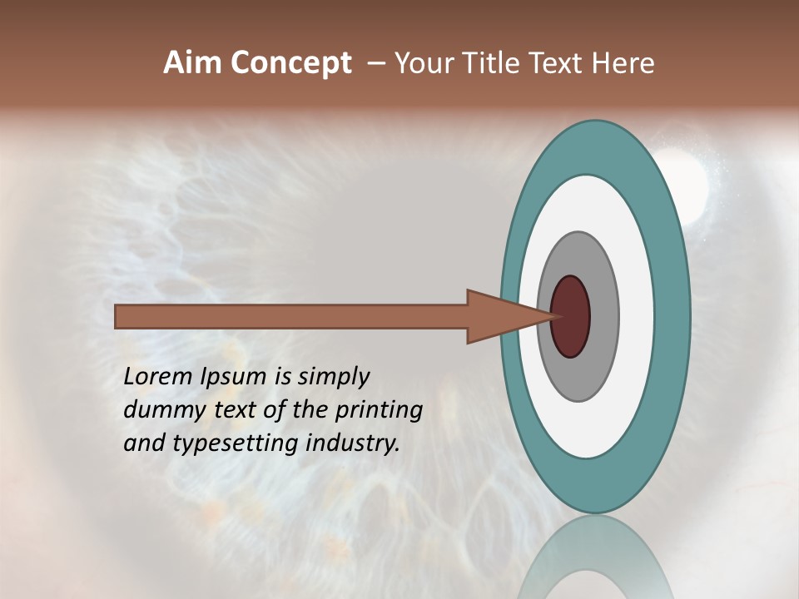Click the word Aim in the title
pyautogui.click(x=193, y=63)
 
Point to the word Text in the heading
pyautogui.click(x=558, y=63)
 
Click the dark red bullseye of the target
pyautogui.click(x=571, y=316)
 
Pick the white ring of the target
pyautogui.click(x=636, y=316)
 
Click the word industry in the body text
pyautogui.click(x=353, y=443)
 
